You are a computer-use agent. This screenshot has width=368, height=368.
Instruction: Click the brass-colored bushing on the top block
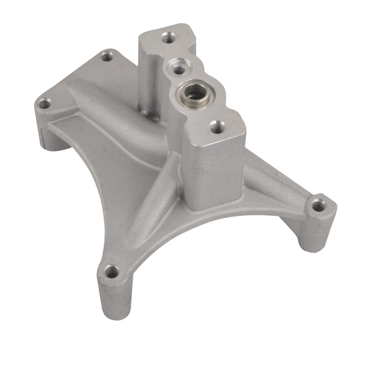194,93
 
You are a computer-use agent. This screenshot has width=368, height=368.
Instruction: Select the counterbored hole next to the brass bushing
178,66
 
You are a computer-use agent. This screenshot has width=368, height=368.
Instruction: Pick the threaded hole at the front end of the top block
217,127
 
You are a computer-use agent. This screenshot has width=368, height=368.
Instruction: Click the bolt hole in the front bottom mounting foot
111,270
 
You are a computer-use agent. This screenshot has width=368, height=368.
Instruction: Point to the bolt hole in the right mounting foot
317,206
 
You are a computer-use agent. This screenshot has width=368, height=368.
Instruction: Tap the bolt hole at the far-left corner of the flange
44,104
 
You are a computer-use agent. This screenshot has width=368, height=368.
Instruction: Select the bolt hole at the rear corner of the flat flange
107,57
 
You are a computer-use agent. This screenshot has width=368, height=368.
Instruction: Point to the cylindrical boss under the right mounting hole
316,230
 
